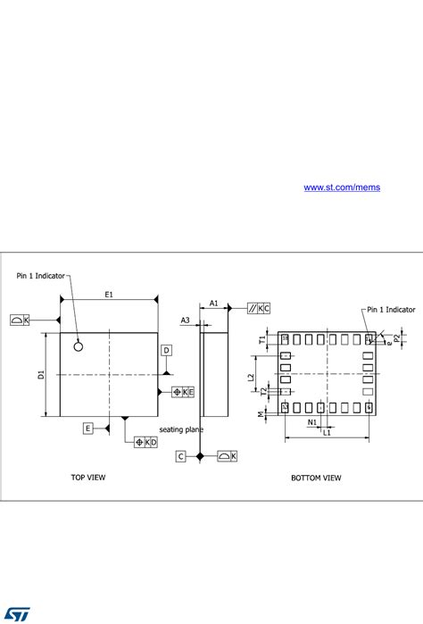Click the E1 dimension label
click(109, 293)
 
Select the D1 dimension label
click(41, 374)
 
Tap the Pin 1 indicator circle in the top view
click(79, 345)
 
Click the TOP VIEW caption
click(88, 478)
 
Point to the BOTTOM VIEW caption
click(316, 478)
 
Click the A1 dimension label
click(214, 304)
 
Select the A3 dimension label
click(186, 320)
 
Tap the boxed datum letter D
click(166, 350)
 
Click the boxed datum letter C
click(180, 456)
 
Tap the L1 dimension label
click(328, 433)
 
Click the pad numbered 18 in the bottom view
click(286, 338)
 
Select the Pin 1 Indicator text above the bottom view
click(391, 310)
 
